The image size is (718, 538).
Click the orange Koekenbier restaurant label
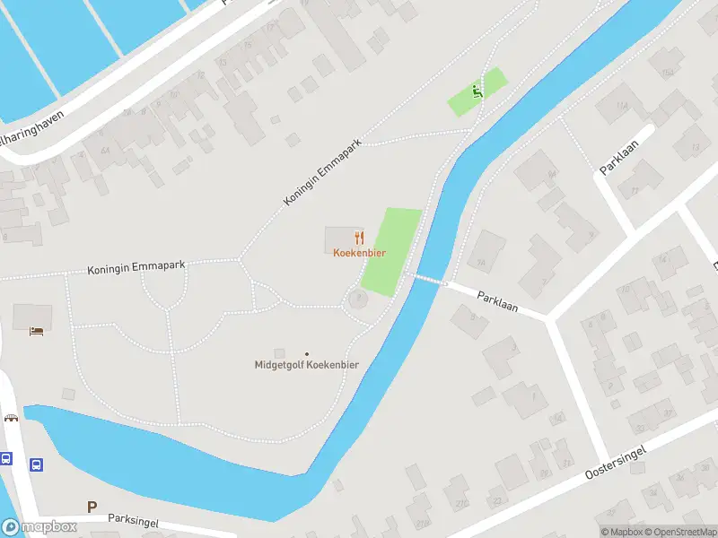tap(359, 253)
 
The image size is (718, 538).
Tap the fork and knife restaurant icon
tap(360, 238)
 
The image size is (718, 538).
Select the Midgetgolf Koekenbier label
tap(306, 365)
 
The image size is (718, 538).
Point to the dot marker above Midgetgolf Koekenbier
tap(307, 353)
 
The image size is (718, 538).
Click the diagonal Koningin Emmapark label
tap(321, 172)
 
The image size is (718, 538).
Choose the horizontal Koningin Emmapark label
tap(136, 268)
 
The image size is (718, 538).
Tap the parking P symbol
tap(92, 507)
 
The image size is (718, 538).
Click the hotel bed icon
tap(36, 331)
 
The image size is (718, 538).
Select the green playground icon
tap(477, 91)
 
